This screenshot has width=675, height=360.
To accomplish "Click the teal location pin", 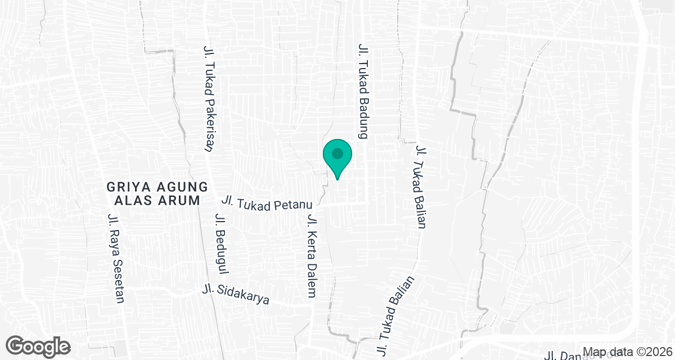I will point(337,157).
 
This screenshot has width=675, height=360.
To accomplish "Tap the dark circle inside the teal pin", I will point(337,153).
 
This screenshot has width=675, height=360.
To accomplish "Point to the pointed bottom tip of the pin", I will point(337,179).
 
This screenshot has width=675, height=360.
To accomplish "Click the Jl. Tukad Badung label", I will point(363,91).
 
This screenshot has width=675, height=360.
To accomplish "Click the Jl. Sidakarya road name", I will point(236,296).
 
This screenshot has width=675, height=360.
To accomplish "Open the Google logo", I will point(39,345).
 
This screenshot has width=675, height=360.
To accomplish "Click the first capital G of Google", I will point(19,345).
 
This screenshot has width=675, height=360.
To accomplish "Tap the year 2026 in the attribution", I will point(658,352).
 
